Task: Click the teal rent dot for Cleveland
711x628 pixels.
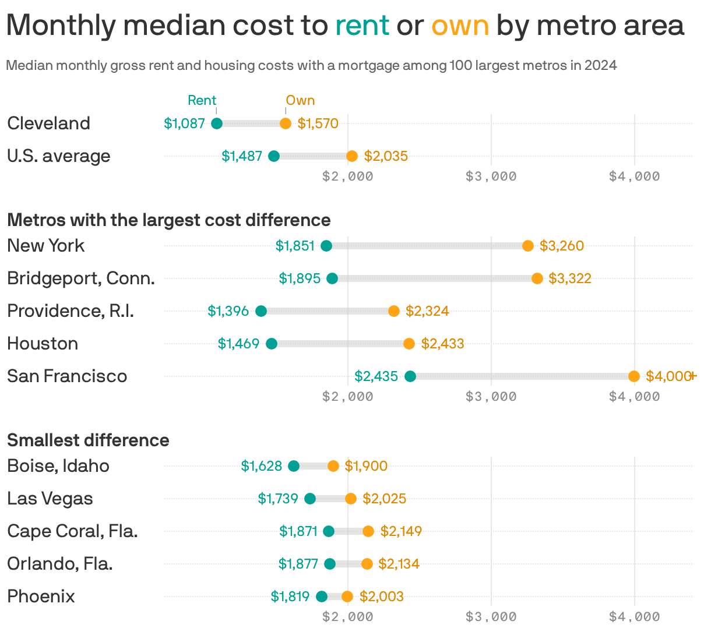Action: (217, 124)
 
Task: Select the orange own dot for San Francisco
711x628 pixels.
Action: (634, 376)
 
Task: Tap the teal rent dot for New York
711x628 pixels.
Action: (326, 246)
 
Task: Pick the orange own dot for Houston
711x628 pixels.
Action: (409, 344)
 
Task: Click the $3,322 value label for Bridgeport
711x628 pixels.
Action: (569, 278)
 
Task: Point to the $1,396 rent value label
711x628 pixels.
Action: (228, 311)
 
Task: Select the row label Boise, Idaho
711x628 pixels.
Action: (58, 466)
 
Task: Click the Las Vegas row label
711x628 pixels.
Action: (50, 499)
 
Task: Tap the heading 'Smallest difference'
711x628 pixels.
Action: (88, 440)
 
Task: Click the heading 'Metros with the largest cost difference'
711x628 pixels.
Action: (169, 220)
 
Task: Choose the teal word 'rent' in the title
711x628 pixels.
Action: (362, 25)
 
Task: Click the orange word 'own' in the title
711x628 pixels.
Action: (460, 25)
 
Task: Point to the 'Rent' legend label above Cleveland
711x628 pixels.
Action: (202, 100)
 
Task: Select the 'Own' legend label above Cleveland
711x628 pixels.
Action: (300, 100)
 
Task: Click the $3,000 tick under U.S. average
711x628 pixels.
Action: (491, 176)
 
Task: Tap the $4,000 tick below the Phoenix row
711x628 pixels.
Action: (634, 616)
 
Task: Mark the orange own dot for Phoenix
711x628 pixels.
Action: (347, 597)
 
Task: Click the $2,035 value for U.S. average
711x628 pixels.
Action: (386, 156)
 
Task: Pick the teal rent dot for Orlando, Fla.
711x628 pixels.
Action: (330, 564)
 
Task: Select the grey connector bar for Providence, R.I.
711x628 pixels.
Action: (328, 311)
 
